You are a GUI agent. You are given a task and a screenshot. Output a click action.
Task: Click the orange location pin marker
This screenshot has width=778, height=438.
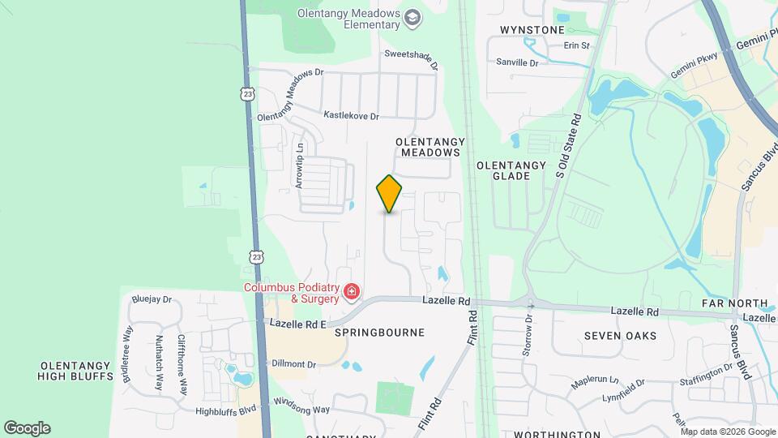(390, 194)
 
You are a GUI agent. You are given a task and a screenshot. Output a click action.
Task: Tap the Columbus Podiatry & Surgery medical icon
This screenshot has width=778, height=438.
(352, 291)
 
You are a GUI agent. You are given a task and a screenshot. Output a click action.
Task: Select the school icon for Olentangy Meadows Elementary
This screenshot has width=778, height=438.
(413, 18)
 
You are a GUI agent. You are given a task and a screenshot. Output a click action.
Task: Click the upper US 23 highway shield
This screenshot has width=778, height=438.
(247, 94)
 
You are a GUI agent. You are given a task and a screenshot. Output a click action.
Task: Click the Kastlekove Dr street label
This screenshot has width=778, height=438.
(351, 116)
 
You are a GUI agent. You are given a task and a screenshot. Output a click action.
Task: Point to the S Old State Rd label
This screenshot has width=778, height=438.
(570, 146)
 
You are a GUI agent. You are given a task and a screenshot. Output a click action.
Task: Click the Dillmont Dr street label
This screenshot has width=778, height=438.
(293, 364)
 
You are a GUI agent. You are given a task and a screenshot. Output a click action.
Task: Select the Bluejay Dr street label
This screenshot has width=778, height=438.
(152, 299)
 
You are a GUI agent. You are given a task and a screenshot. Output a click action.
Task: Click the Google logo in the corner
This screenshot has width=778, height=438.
(27, 427)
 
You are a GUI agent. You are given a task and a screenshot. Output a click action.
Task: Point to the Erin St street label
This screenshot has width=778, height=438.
(576, 45)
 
